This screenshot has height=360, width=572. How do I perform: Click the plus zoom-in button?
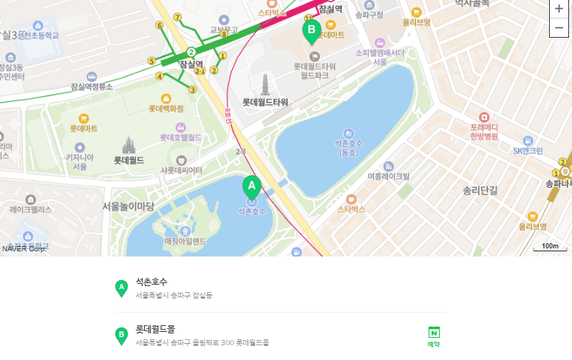(x=559, y=9)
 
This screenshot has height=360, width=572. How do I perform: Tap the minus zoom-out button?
(x=559, y=28)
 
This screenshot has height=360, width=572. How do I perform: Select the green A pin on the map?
(x=251, y=186)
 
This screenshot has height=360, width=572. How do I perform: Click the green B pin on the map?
(x=311, y=30)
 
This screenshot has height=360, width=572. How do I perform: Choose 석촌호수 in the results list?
(x=151, y=282)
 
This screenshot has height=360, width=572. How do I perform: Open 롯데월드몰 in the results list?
(x=155, y=328)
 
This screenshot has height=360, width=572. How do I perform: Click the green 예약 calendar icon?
(x=434, y=333)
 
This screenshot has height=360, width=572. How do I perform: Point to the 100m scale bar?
(x=549, y=247)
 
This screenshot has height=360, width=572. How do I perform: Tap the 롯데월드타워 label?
(x=265, y=102)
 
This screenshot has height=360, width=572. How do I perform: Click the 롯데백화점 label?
(x=166, y=109)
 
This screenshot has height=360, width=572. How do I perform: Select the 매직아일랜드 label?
(x=185, y=241)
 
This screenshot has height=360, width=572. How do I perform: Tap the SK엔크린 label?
(x=528, y=151)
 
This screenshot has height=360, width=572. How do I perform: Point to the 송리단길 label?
(x=480, y=190)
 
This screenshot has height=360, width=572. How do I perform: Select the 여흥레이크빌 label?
(x=388, y=176)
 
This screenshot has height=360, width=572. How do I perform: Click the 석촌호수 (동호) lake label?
(x=349, y=147)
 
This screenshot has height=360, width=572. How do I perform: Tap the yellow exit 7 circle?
(x=177, y=17)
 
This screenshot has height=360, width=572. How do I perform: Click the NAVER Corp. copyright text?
(x=24, y=248)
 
